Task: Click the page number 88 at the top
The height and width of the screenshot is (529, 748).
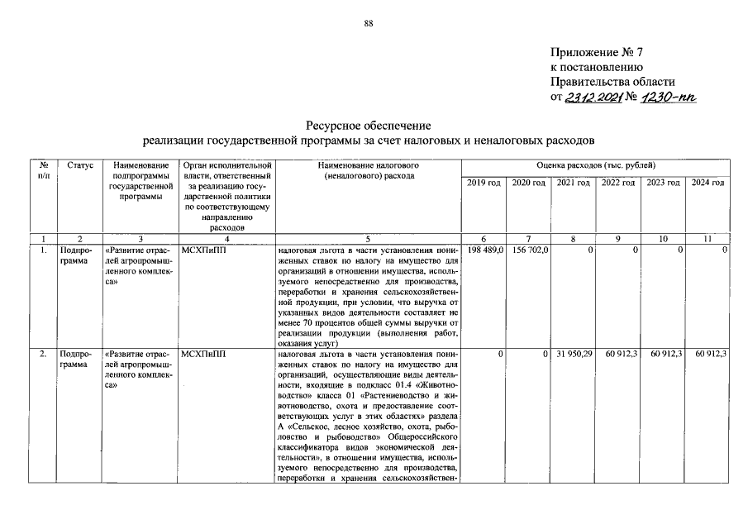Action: [x=369, y=23]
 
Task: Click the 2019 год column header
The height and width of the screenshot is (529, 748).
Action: [x=484, y=182]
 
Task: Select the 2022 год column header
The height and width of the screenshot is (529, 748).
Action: [x=617, y=182]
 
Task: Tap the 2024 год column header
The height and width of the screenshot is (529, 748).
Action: [x=708, y=182]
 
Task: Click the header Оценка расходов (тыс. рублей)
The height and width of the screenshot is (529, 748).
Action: [x=595, y=166]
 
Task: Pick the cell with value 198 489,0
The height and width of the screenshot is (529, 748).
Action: [x=485, y=249]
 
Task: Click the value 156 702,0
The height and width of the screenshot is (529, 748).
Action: [x=530, y=249]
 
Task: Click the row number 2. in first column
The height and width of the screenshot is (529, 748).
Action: [x=42, y=354]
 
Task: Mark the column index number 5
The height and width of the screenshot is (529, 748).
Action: [x=369, y=238]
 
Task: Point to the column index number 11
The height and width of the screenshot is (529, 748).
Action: [x=708, y=238]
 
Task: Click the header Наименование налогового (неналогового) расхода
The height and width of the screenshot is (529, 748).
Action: [x=369, y=171]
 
